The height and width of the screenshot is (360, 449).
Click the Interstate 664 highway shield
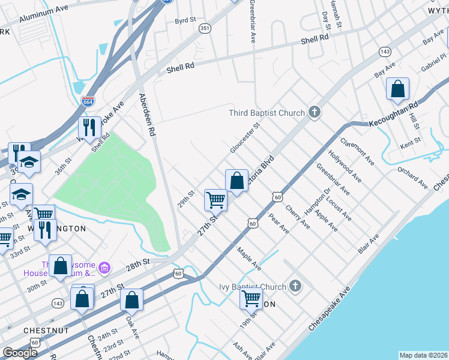88,101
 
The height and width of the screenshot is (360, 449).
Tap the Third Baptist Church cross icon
313,112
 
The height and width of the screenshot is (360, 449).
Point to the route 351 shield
205,28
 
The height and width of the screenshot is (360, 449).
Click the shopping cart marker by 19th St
251,298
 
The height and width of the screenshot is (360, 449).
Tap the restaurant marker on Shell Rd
89,127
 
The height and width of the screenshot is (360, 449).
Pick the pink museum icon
104,266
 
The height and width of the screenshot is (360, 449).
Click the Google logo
20,352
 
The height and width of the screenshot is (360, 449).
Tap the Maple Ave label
249,259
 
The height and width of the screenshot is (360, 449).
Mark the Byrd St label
185,20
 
